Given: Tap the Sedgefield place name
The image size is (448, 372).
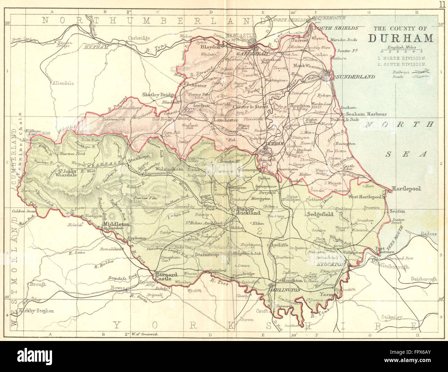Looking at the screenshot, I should click(x=320, y=214).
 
